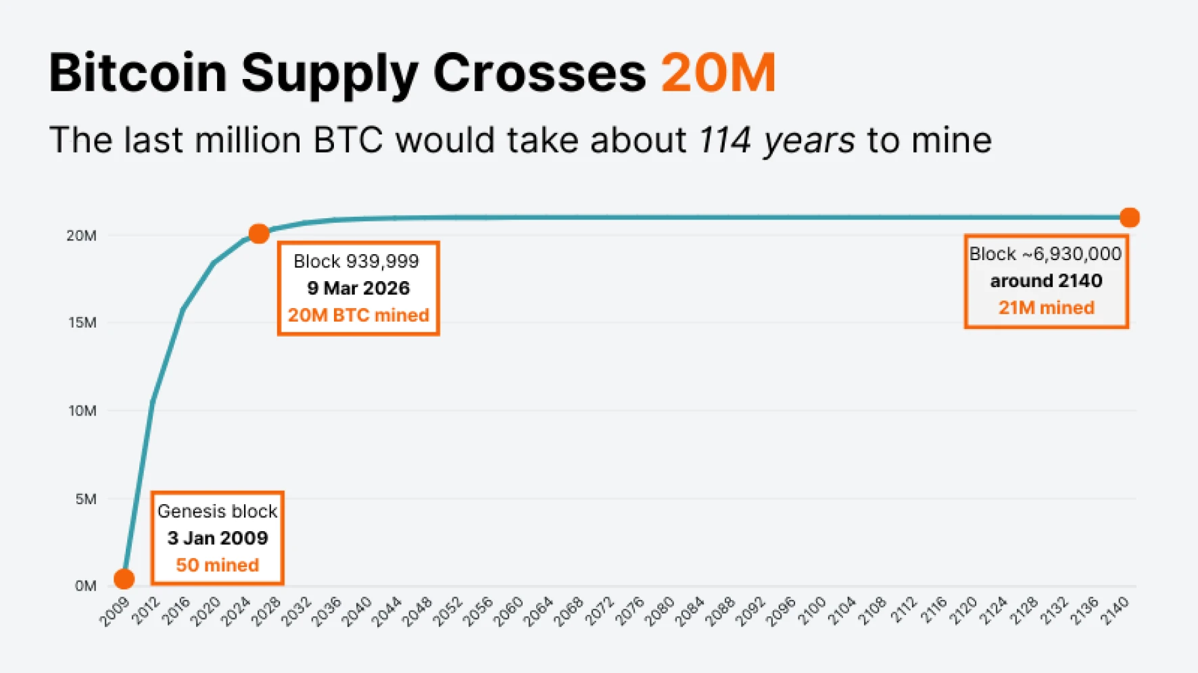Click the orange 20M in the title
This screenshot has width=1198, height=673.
718,72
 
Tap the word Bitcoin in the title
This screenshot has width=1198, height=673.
137,72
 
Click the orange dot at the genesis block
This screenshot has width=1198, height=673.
124,578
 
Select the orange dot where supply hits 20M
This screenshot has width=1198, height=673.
259,234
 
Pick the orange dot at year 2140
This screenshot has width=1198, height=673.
1129,218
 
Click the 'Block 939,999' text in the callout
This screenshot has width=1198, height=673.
356,261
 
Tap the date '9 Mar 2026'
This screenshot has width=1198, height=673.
358,288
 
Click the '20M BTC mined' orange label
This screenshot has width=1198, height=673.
358,315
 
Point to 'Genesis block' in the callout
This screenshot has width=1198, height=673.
217,511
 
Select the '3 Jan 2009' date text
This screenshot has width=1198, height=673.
217,538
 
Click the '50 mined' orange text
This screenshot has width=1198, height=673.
217,565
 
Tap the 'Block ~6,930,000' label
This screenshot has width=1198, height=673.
1045,253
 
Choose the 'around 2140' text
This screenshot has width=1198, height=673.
1046,280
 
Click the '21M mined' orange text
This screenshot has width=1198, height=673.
1046,307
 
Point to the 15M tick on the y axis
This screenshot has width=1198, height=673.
82,322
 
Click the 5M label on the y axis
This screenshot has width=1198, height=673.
86,499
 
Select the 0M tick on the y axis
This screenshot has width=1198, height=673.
85,585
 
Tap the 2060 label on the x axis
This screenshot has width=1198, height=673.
508,611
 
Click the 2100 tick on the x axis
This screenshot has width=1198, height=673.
811,611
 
